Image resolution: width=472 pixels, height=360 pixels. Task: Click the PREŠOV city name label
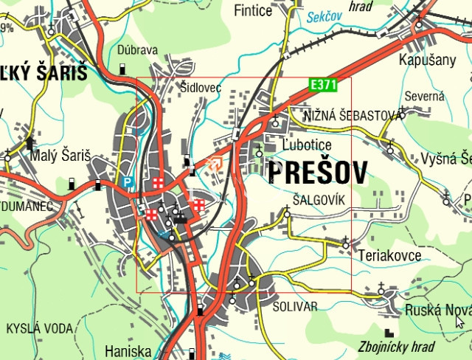318,173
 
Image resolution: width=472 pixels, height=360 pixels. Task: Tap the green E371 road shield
322,86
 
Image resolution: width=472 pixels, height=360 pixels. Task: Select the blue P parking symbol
128,181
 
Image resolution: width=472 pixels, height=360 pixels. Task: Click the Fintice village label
253,10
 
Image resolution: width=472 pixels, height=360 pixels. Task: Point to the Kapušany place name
428,60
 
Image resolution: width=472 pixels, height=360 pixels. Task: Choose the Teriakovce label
389,255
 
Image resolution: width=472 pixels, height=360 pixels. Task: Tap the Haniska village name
128,350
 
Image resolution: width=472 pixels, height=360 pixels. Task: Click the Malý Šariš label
60,156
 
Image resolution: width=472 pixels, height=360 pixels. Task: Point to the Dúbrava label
137,50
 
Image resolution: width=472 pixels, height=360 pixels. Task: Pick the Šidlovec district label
201,88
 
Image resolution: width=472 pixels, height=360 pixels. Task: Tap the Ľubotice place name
307,145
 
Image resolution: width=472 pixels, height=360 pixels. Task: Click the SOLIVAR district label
294,306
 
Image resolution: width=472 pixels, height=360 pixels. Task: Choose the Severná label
424,96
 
